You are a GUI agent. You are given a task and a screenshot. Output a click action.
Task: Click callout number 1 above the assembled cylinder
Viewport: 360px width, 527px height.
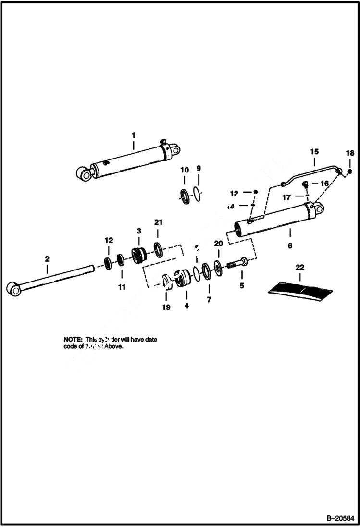(x=134, y=135)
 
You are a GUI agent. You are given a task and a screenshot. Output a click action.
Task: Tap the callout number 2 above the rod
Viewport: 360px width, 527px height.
(x=47, y=259)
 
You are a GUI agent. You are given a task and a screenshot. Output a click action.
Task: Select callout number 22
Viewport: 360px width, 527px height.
(x=300, y=267)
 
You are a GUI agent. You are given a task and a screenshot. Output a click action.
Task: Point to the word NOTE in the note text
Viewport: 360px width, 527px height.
(x=73, y=339)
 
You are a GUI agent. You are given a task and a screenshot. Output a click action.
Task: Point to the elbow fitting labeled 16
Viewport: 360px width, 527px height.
(x=305, y=184)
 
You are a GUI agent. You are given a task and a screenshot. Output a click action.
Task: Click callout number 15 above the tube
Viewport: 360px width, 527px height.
(x=314, y=151)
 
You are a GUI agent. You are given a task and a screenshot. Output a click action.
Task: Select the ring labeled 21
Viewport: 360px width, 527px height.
(x=158, y=249)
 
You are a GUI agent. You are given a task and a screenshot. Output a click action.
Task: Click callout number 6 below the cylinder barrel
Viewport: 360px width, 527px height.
(x=290, y=245)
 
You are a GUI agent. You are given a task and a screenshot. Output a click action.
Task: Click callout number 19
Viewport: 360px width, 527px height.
(x=166, y=307)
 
